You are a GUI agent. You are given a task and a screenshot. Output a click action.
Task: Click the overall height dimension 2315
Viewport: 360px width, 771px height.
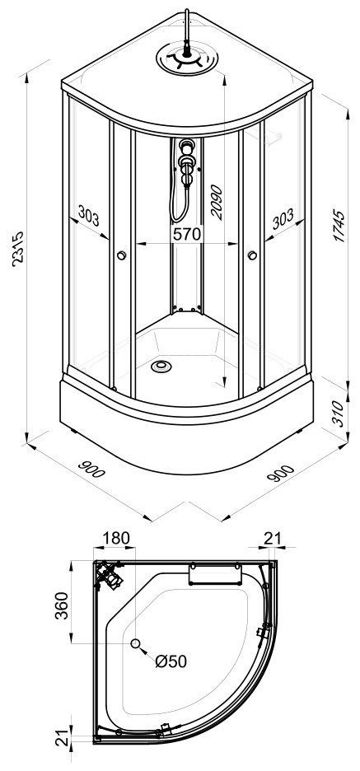pyautogui.click(x=17, y=249)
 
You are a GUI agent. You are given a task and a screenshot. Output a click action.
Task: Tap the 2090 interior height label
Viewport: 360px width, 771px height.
pyautogui.click(x=216, y=202)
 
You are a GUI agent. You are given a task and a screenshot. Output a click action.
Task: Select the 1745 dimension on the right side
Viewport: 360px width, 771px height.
pyautogui.click(x=339, y=226)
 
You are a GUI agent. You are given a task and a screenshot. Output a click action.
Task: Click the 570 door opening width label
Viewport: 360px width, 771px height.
pyautogui.click(x=187, y=234)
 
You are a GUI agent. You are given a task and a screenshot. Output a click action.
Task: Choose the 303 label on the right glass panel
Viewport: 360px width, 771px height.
pyautogui.click(x=283, y=218)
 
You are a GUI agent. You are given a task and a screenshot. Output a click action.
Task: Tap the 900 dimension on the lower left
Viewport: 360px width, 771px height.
pyautogui.click(x=92, y=470)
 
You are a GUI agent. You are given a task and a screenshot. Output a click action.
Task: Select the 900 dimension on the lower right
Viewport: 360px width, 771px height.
pyautogui.click(x=280, y=473)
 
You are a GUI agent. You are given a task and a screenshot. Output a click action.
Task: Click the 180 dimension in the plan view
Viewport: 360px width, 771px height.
pyautogui.click(x=116, y=539)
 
